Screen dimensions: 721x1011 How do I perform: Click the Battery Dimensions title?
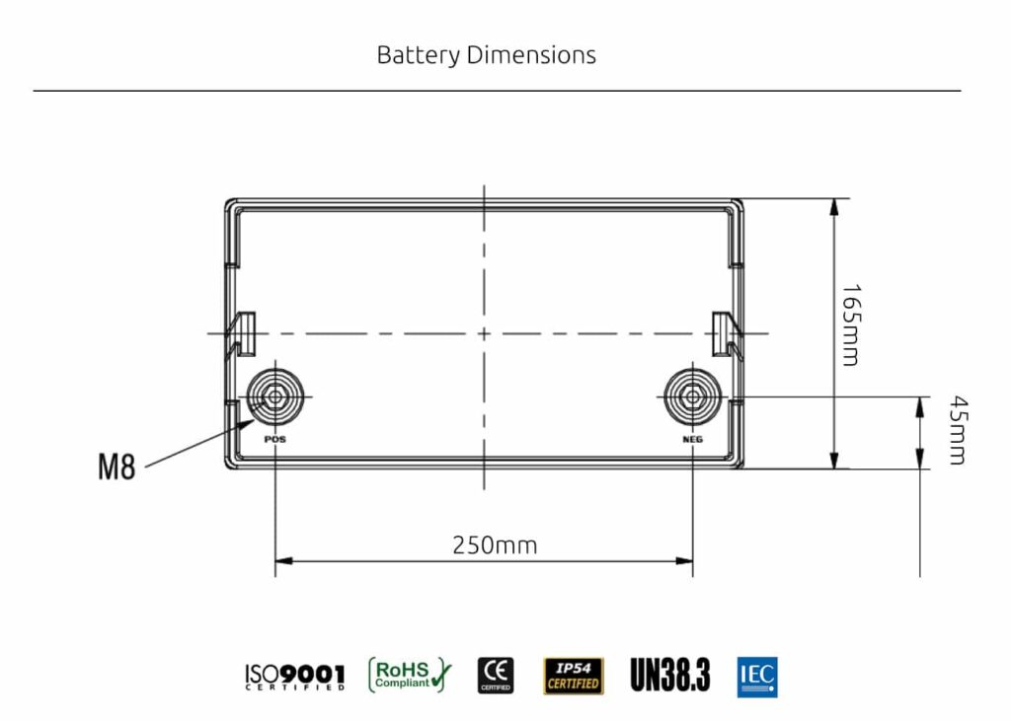(486, 54)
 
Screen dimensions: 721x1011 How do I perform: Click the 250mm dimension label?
(495, 544)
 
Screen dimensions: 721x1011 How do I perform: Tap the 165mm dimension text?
(850, 325)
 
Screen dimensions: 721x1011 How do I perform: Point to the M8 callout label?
(117, 468)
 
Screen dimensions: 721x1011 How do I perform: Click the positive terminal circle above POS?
(272, 397)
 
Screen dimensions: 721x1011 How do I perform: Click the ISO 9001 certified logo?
(294, 676)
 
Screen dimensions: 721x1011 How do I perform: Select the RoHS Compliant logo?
(409, 675)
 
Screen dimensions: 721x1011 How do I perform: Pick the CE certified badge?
(496, 675)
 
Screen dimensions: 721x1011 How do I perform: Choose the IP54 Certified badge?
(573, 676)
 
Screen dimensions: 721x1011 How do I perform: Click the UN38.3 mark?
(669, 676)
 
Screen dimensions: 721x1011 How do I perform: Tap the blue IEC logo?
(757, 677)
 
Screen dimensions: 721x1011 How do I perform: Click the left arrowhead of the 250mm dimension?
(281, 561)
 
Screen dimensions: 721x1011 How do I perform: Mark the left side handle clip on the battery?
(243, 332)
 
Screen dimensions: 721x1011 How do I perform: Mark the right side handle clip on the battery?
(722, 332)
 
